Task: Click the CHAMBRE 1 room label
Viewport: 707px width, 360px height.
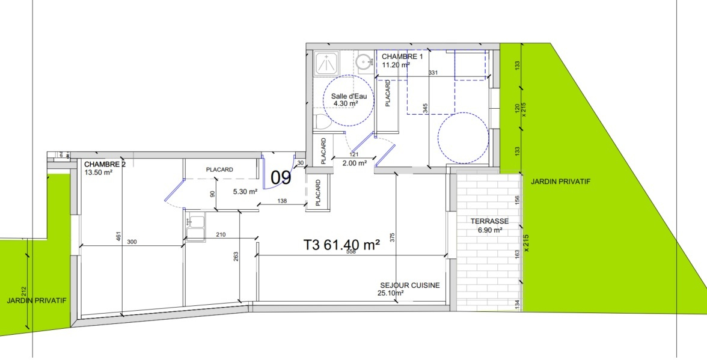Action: click(402, 57)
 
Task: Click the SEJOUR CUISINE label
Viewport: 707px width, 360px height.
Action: click(409, 285)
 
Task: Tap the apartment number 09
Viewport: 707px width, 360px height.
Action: click(281, 177)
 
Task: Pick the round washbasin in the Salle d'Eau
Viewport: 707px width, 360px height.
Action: click(364, 62)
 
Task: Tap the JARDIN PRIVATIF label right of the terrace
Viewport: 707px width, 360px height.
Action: click(560, 181)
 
